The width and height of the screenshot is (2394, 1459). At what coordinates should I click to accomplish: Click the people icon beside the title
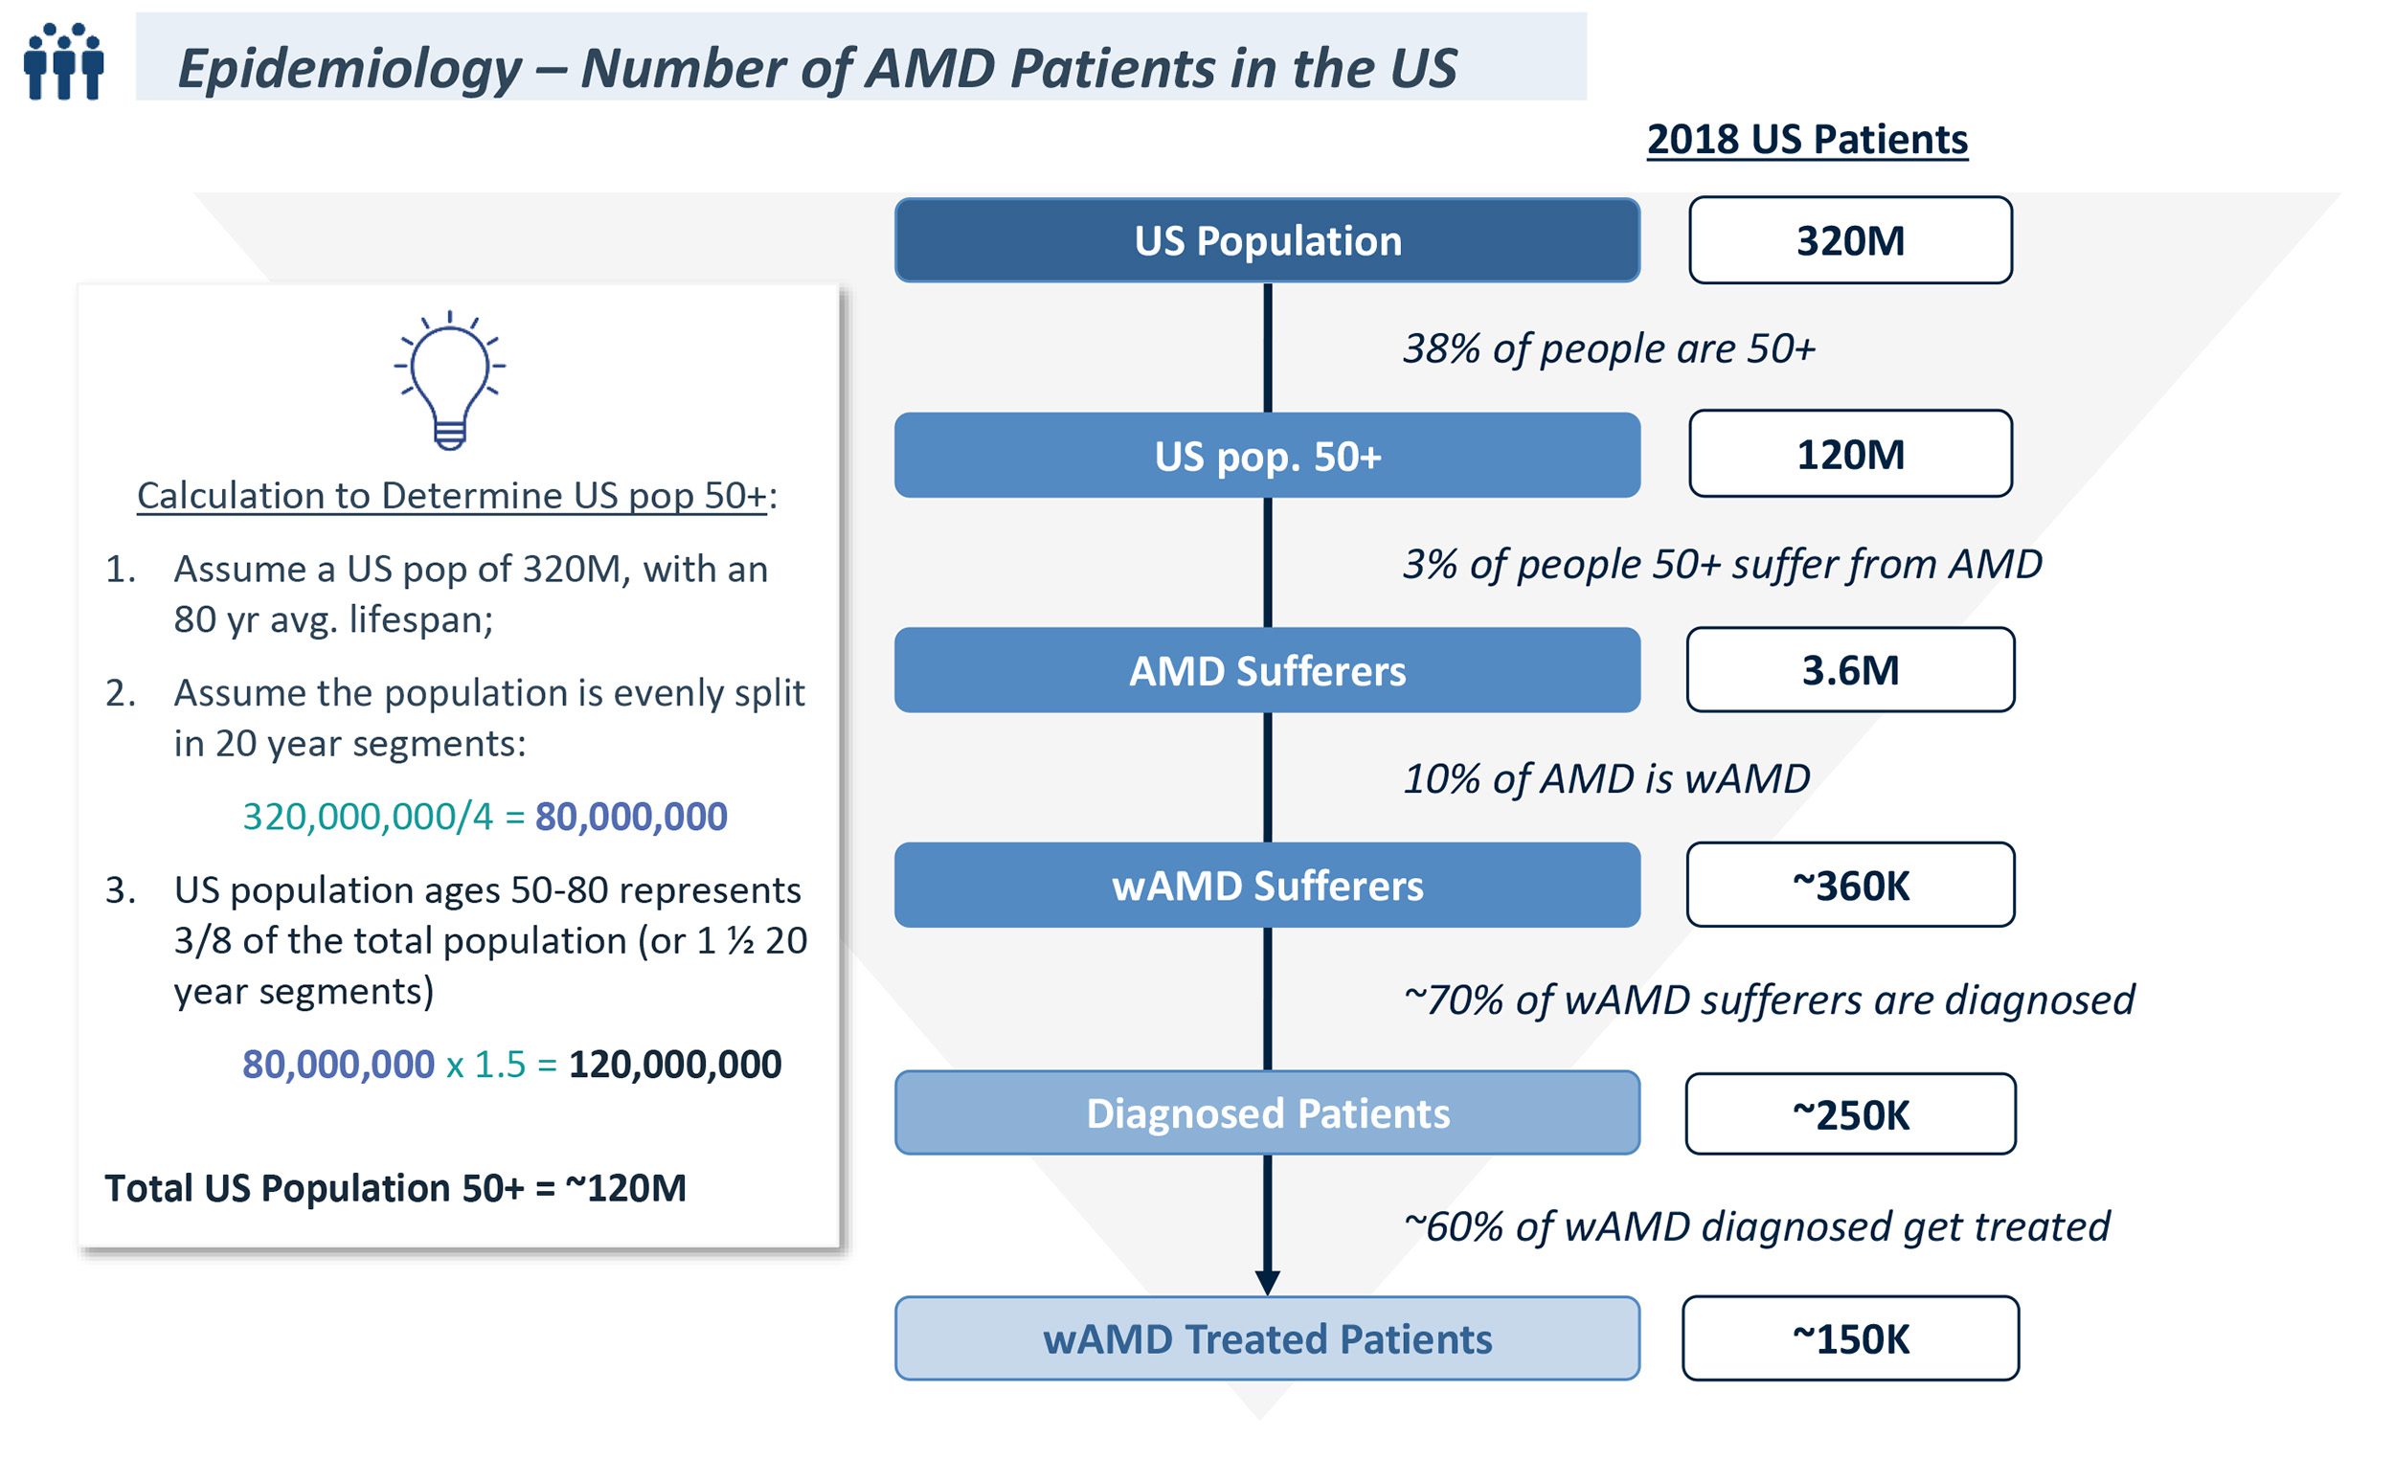click(63, 61)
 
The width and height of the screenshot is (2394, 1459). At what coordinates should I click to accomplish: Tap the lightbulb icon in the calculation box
click(449, 381)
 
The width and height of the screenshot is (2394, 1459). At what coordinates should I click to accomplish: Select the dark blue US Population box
click(1267, 240)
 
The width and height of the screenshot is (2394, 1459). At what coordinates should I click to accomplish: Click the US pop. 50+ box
click(1267, 456)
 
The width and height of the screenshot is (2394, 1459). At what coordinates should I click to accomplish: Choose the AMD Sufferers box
click(1267, 670)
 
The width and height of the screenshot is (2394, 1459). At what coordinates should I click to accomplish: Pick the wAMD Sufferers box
click(1267, 885)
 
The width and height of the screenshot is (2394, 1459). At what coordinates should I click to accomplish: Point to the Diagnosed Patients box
click(1267, 1113)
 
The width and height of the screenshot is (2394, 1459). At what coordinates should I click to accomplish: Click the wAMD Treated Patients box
click(1267, 1338)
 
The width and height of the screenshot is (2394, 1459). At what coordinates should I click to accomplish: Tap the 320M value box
click(1850, 240)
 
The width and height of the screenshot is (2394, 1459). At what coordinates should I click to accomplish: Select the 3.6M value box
click(1850, 670)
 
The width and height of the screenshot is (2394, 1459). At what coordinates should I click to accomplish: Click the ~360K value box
click(1850, 885)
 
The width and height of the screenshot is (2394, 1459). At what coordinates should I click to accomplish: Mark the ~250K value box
click(1850, 1114)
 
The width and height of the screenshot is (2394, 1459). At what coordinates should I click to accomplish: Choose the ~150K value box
click(1850, 1338)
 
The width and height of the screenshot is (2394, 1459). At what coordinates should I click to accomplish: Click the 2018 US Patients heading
click(1807, 140)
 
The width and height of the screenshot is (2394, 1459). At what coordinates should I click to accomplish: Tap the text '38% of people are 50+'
click(1609, 348)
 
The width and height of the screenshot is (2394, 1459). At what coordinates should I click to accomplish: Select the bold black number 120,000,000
click(674, 1065)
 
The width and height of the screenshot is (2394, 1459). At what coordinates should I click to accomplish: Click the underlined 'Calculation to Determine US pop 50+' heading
click(452, 495)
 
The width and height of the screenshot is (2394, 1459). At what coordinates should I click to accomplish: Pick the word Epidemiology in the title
click(350, 68)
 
